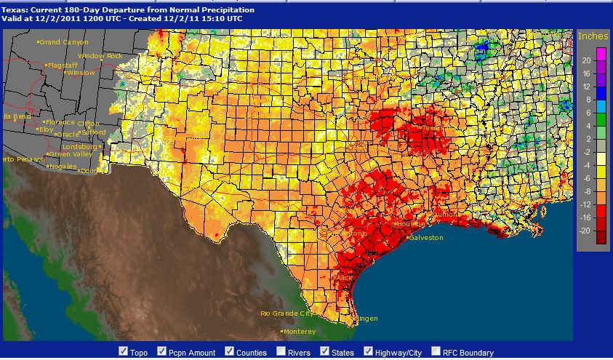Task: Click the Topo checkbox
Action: pos(123,352)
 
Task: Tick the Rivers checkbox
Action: pos(281,352)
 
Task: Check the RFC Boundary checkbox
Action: pos(436,352)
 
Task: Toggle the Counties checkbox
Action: pos(229,352)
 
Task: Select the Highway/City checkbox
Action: pos(369,352)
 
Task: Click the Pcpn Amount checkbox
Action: pos(161,352)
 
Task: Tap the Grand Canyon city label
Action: pos(63,42)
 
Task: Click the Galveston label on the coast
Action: pos(425,238)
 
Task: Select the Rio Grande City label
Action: pos(290,313)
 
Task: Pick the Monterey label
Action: pos(300,332)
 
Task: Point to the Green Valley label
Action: pos(71,154)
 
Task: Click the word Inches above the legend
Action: pos(593,36)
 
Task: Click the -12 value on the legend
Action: pos(585,205)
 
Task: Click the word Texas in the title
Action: pos(13,9)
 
